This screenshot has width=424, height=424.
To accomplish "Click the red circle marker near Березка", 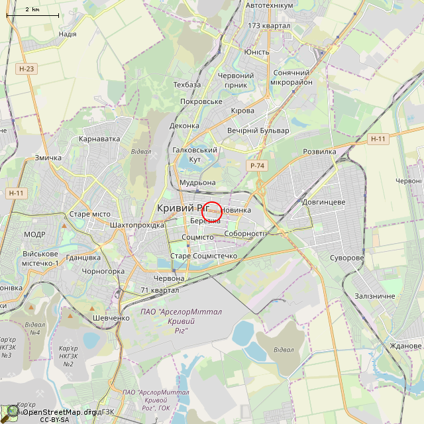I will pos(211,211).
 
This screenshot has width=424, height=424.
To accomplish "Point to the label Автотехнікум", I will pos(269,5).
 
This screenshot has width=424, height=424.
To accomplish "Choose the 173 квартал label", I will pos(269,26).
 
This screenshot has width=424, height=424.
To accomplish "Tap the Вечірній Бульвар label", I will pos(258,131).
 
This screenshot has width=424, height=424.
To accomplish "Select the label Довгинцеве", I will pos(323,201).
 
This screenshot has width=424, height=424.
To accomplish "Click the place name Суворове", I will pos(347,258).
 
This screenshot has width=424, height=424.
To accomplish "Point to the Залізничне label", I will pos(375,296).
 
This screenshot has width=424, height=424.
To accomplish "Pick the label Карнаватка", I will pos(99,139).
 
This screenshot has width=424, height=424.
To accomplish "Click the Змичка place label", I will pos(48,158).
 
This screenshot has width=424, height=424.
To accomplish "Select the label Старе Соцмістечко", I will pos(203,256).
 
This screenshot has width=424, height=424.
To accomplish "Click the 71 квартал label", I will pos(160,290).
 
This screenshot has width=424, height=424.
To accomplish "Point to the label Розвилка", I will pos(319,152).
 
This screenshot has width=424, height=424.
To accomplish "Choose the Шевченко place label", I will pos(111,318).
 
